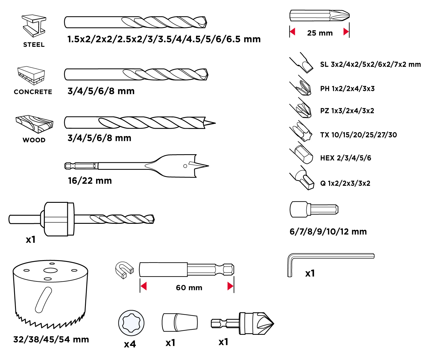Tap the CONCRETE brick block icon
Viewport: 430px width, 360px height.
pyautogui.click(x=31, y=76)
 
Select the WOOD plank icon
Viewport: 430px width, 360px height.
pyautogui.click(x=35, y=123)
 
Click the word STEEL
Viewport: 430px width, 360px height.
pyautogui.click(x=34, y=45)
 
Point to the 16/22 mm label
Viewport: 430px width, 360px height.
pyautogui.click(x=90, y=181)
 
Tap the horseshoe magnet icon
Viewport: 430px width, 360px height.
pyautogui.click(x=124, y=269)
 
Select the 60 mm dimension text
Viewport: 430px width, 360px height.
pyautogui.click(x=189, y=288)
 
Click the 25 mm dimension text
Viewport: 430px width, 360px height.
pyautogui.click(x=320, y=33)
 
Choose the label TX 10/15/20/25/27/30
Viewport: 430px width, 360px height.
pyautogui.click(x=358, y=135)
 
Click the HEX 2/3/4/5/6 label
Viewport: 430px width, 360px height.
pyautogui.click(x=346, y=158)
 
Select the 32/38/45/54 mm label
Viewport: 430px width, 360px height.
pyautogui.click(x=51, y=340)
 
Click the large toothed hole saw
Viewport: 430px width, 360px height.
pyautogui.click(x=50, y=294)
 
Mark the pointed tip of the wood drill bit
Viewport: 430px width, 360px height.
pyautogui.click(x=214, y=123)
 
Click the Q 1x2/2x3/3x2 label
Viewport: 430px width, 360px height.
pyautogui.click(x=345, y=183)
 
